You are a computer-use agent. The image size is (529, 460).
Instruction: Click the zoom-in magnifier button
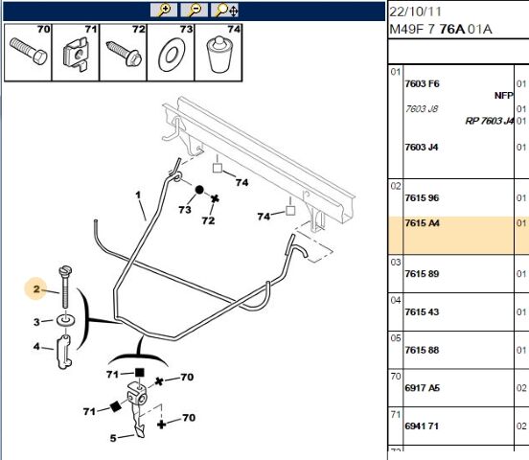pyautogui.click(x=164, y=11)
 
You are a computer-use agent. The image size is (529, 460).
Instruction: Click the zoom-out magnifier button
pyautogui.click(x=194, y=11)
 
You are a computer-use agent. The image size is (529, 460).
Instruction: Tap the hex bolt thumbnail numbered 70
pyautogui.click(x=29, y=53)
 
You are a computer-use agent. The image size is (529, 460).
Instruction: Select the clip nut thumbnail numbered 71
pyautogui.click(x=76, y=54)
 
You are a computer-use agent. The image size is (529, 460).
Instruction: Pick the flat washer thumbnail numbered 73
pyautogui.click(x=172, y=55)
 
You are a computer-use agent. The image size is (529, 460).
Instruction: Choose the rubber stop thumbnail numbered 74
pyautogui.click(x=218, y=55)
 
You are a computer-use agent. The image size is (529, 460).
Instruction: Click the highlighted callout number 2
pyautogui.click(x=36, y=289)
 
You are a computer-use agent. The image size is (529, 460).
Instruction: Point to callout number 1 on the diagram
pyautogui.click(x=138, y=195)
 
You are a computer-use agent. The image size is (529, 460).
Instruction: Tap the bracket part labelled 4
pyautogui.click(x=63, y=352)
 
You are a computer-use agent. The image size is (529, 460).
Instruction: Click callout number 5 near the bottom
pyautogui.click(x=113, y=438)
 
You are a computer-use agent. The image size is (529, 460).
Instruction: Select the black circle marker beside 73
pyautogui.click(x=199, y=190)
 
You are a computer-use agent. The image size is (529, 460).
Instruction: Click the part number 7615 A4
pyautogui.click(x=422, y=223)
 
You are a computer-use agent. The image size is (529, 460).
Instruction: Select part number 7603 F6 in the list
pyautogui.click(x=422, y=83)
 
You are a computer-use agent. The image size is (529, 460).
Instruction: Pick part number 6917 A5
pyautogui.click(x=422, y=388)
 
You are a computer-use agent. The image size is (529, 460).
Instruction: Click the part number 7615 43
pyautogui.click(x=422, y=311)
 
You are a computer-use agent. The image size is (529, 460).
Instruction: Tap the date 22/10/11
pyautogui.click(x=415, y=11)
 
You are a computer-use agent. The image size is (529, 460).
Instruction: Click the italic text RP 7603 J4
pyautogui.click(x=490, y=121)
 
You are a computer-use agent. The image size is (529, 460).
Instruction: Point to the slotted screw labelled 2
pyautogui.click(x=65, y=287)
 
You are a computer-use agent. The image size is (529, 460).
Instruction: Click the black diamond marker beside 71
pyautogui.click(x=116, y=406)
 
